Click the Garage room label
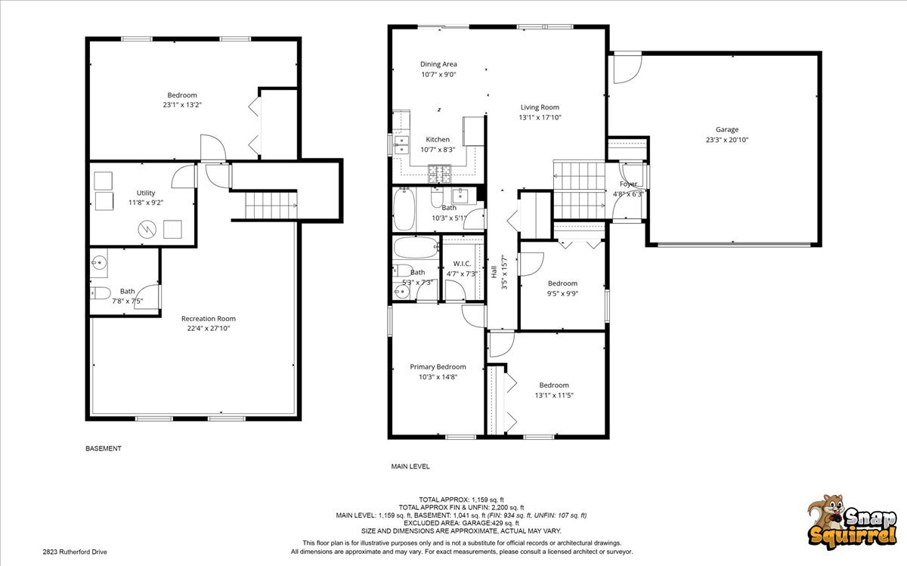[727, 129]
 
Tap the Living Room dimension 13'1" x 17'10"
[540, 117]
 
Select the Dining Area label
[438, 64]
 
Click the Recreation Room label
[209, 319]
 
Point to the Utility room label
[146, 193]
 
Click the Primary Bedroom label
[438, 367]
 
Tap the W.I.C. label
[462, 264]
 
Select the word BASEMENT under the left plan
[104, 449]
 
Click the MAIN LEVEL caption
[410, 466]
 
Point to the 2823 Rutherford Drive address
[75, 552]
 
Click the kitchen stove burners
[439, 174]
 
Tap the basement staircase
[271, 206]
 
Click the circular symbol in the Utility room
[147, 230]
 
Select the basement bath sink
[98, 263]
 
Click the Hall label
[494, 271]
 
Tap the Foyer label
[628, 184]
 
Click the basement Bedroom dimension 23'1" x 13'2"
[182, 105]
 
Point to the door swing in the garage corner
[627, 67]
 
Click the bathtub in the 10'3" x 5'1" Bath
[404, 209]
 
